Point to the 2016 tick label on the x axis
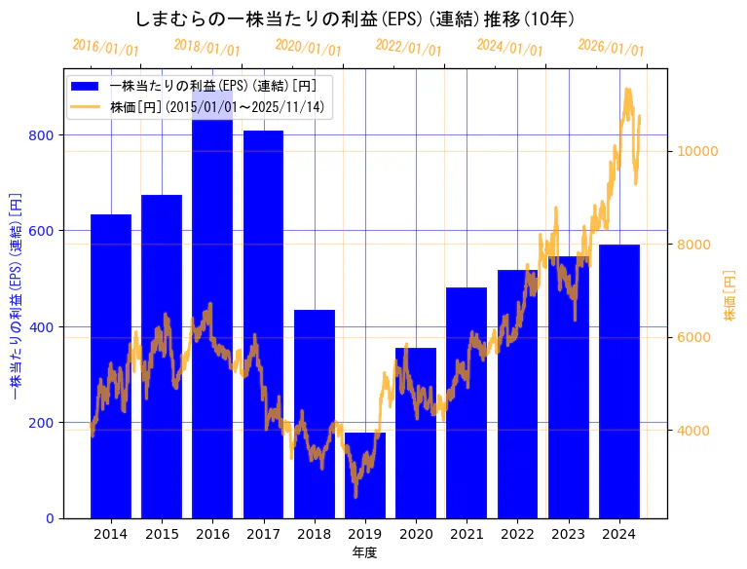coord(212,534)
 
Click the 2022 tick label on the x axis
coord(517,534)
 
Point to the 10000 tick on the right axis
coord(698,151)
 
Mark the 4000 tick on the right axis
coord(694,431)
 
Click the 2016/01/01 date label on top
coord(105,47)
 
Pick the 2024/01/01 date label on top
coord(509,47)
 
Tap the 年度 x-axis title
coord(365,552)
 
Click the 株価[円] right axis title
coord(729,296)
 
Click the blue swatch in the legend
coord(87,86)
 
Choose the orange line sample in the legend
coord(87,106)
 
